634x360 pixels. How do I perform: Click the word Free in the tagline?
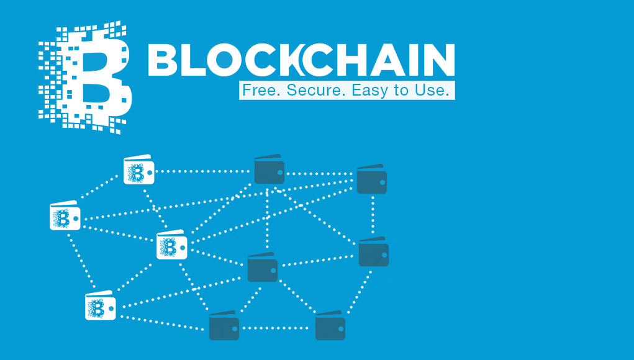click(255, 90)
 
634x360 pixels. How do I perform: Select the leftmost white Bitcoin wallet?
click(65, 217)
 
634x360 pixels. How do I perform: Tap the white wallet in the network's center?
click(171, 245)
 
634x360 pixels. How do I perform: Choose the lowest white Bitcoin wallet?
click(100, 306)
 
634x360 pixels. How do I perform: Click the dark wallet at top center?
click(269, 170)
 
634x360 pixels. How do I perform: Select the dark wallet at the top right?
click(371, 179)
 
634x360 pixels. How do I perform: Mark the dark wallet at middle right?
click(373, 252)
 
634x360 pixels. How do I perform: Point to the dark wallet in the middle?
click(262, 268)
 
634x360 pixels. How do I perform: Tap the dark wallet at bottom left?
click(224, 326)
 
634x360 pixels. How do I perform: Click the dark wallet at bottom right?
click(330, 326)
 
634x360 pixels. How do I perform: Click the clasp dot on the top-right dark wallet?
click(382, 181)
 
